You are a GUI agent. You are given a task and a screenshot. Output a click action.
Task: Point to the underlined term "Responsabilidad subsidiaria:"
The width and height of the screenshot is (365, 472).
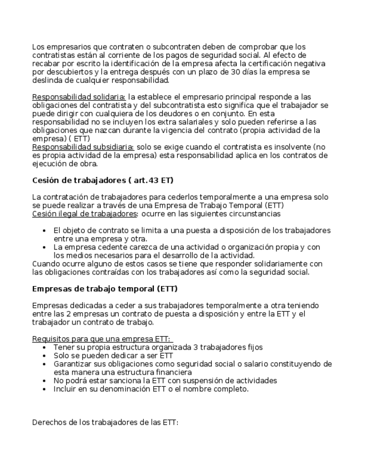(82, 146)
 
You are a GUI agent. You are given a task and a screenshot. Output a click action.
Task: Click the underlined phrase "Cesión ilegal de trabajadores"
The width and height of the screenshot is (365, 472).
(84, 213)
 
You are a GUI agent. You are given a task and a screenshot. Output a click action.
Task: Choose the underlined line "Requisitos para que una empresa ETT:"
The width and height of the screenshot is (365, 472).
(103, 339)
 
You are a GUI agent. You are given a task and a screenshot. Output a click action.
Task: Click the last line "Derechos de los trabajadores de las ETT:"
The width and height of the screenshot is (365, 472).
(105, 422)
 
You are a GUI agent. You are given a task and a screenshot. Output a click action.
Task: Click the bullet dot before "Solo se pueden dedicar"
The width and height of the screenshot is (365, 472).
(44, 355)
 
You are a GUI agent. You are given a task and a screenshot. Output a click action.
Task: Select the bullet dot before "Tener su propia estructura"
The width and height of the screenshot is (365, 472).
(44, 347)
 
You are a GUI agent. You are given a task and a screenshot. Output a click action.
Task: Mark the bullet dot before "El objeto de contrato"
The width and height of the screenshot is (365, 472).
(44, 230)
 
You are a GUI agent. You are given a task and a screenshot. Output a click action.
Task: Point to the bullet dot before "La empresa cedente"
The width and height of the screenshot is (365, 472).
(44, 247)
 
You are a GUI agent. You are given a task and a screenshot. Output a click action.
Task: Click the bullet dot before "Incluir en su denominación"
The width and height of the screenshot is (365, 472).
(44, 389)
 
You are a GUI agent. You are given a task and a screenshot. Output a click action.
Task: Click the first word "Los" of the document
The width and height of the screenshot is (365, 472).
(38, 47)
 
